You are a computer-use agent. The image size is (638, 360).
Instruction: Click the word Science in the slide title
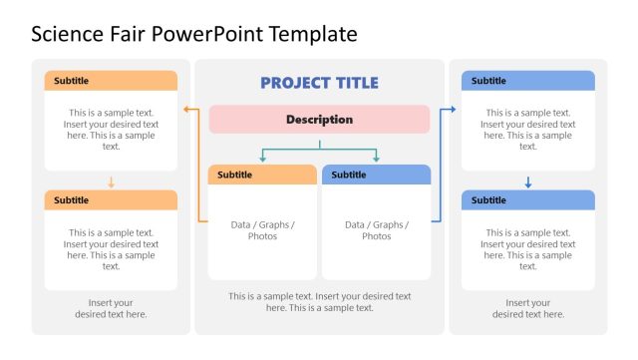(68, 35)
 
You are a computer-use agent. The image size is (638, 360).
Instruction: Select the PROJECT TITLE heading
(319, 83)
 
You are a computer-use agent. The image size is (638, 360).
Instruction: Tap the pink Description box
(319, 120)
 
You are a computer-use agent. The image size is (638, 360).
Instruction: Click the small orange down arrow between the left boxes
(111, 182)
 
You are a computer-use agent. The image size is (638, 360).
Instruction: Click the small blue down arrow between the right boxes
(528, 182)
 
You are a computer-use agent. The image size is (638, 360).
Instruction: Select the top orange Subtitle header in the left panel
(111, 81)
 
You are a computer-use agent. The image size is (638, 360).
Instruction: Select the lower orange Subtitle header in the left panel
(111, 200)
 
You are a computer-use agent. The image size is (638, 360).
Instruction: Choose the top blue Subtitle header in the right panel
(528, 81)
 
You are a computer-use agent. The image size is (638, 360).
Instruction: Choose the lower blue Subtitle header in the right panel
(528, 200)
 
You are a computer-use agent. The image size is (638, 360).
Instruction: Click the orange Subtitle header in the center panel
(263, 175)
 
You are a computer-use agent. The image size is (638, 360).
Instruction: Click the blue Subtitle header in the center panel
(377, 175)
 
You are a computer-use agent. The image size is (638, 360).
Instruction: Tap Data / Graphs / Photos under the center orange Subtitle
(263, 230)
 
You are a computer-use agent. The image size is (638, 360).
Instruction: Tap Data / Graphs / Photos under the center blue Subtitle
(377, 230)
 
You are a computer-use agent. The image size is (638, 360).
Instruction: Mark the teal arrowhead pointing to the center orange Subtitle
(263, 159)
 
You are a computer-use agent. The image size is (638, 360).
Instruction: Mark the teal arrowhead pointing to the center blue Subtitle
(377, 159)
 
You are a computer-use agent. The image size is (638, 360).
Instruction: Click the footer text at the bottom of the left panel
(111, 308)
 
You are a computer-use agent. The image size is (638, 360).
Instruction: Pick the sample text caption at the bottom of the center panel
(319, 302)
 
